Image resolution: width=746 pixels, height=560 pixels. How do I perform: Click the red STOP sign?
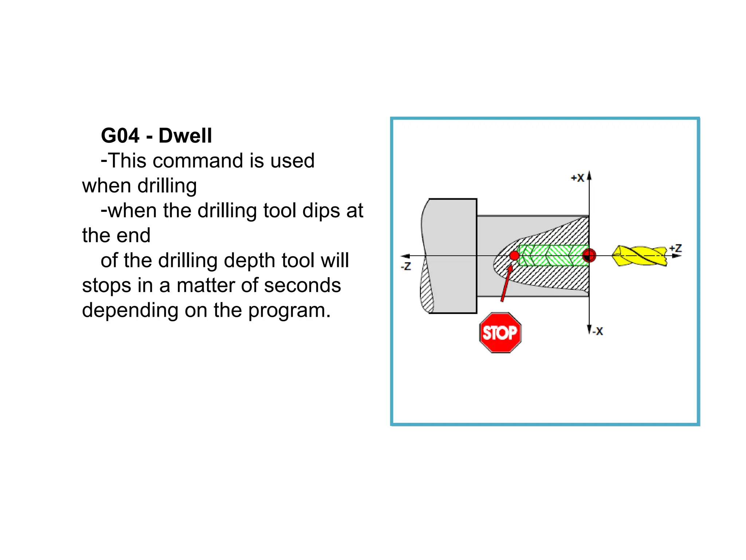(500, 332)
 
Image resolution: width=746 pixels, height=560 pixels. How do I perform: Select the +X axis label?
(577, 178)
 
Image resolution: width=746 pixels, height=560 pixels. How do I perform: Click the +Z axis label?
(675, 249)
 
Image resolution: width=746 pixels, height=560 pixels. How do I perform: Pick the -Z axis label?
(406, 266)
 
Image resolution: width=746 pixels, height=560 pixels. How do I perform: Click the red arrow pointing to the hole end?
(506, 284)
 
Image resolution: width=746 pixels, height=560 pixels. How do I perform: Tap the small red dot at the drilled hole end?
(514, 256)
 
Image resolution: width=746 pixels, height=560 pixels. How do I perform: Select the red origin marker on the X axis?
(589, 256)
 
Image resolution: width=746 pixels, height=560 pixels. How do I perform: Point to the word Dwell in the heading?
(185, 136)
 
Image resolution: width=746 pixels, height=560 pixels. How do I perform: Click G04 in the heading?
(120, 136)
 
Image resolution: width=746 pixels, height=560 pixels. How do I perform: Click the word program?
(290, 310)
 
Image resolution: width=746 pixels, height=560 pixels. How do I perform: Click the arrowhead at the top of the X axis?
(589, 176)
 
